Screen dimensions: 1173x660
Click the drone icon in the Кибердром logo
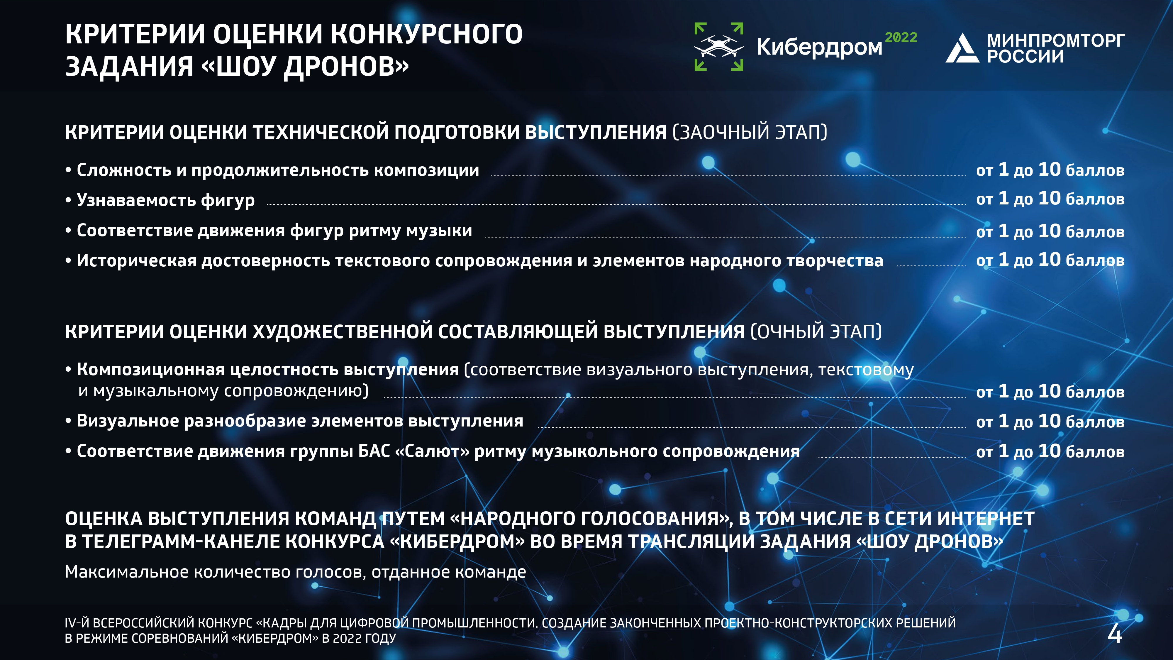(x=718, y=46)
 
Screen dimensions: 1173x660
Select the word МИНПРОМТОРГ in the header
(x=1055, y=40)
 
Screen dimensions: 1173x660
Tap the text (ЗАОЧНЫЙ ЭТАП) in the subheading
(x=750, y=132)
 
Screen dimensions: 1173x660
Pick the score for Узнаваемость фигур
(x=1050, y=199)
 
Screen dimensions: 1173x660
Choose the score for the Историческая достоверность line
(x=1050, y=260)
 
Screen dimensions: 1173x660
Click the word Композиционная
(x=151, y=369)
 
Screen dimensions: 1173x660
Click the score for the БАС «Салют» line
(x=1050, y=451)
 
